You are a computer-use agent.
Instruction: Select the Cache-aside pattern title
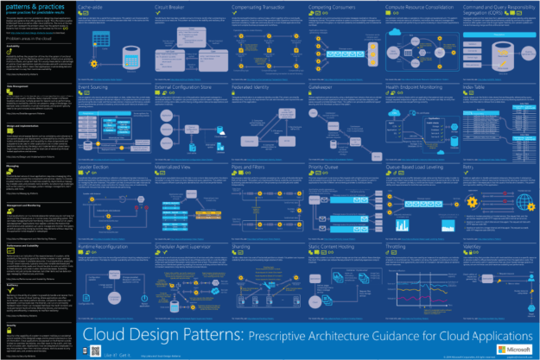(91, 6)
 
